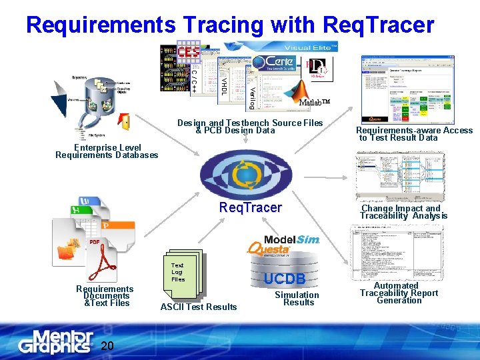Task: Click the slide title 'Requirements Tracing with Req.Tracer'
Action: [x=230, y=25]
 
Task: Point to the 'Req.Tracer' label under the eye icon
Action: [x=251, y=208]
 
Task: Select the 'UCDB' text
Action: [x=285, y=279]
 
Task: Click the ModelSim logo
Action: [x=292, y=239]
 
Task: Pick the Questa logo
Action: [x=268, y=249]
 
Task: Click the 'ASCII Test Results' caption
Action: [x=199, y=307]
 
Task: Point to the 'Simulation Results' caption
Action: [x=297, y=299]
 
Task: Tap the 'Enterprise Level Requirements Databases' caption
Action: [x=107, y=151]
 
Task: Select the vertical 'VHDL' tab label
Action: [x=225, y=83]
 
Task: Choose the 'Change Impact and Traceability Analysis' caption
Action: [x=404, y=212]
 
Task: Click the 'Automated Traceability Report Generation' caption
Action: [x=399, y=293]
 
